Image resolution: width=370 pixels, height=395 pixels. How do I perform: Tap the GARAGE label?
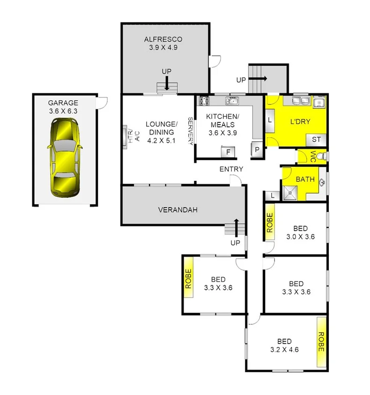tap(63, 103)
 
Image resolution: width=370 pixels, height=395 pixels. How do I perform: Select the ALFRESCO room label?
tap(163, 39)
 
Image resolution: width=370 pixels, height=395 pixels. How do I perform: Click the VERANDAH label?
tap(178, 209)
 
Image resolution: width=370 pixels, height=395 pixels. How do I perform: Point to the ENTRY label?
tap(231, 169)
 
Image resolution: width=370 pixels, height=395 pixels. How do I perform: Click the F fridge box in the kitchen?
tap(228, 152)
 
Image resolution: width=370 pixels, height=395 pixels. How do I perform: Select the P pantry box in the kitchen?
tap(257, 149)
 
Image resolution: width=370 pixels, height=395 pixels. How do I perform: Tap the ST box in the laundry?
tap(316, 139)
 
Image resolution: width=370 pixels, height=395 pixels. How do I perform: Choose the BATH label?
tap(304, 179)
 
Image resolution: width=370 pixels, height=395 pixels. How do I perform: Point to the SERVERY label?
tap(191, 131)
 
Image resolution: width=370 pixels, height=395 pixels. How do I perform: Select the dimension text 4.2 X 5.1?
tap(161, 140)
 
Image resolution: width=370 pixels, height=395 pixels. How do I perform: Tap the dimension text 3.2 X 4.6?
tap(284, 349)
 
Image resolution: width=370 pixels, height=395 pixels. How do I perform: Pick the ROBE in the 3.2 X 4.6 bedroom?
tap(321, 342)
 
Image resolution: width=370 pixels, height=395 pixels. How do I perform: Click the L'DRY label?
tap(301, 122)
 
